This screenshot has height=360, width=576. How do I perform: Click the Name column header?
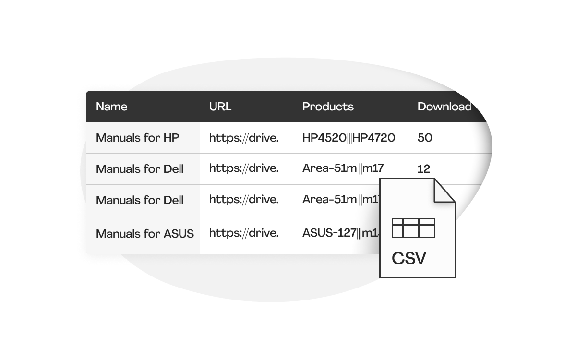coord(111,107)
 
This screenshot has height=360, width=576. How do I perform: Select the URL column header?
coord(220,107)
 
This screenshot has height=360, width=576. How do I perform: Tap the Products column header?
coord(328,107)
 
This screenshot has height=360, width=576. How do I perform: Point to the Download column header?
coord(444,107)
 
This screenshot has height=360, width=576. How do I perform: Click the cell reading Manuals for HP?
coord(137,138)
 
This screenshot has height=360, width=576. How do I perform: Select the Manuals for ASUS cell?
coord(144,234)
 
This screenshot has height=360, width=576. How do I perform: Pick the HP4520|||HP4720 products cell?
coord(348,138)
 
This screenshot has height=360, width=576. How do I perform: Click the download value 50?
coord(425,138)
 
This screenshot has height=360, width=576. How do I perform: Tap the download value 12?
coord(424,169)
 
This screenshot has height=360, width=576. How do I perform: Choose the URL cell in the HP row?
coord(244,138)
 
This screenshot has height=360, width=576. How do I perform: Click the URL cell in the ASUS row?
coord(244,234)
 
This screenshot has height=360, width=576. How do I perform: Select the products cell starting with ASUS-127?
coord(336,234)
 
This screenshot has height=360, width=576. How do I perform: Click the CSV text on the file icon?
coord(408,258)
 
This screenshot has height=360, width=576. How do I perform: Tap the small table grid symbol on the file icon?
coord(413,228)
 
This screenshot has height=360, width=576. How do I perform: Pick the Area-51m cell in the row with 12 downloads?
coord(343,169)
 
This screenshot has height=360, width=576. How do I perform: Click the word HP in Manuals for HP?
coord(171,138)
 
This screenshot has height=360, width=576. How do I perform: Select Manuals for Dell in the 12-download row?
coord(140,169)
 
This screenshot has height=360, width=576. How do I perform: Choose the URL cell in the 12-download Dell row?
coord(244,169)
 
